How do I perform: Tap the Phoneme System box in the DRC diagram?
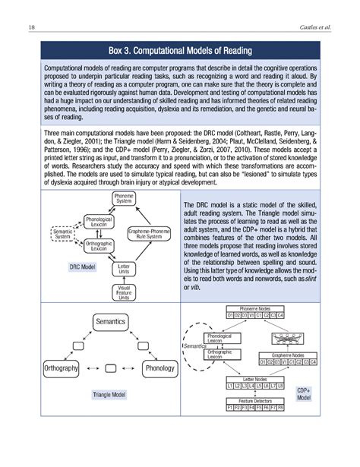124,199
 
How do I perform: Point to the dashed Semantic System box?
63,232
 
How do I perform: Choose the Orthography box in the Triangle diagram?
58,369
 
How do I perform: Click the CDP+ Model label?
304,393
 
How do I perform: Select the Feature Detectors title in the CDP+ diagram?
254,399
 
